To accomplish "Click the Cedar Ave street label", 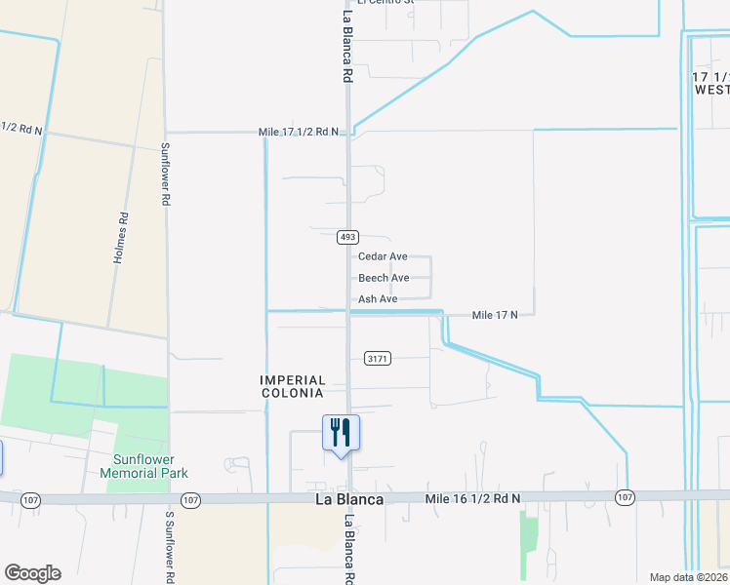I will (x=383, y=256).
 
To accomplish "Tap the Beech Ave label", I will (x=384, y=278).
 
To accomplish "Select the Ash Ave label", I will (x=378, y=299).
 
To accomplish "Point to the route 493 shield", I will (x=348, y=237).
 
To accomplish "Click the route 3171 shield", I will (x=378, y=359).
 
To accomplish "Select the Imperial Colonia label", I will (x=292, y=386).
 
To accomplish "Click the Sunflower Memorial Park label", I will (x=143, y=466).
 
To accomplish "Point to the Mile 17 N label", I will (x=502, y=315).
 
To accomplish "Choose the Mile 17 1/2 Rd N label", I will (x=299, y=132).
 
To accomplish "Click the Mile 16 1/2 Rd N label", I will (x=473, y=498).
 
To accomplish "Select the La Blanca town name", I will (x=348, y=499).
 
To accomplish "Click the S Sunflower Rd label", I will (x=168, y=546).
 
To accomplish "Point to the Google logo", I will (x=32, y=573).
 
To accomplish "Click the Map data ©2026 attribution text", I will (x=688, y=577).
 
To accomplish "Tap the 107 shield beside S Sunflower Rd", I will (x=190, y=499).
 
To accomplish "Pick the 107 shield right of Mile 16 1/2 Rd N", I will (x=625, y=497).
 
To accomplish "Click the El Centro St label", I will (x=386, y=2).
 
